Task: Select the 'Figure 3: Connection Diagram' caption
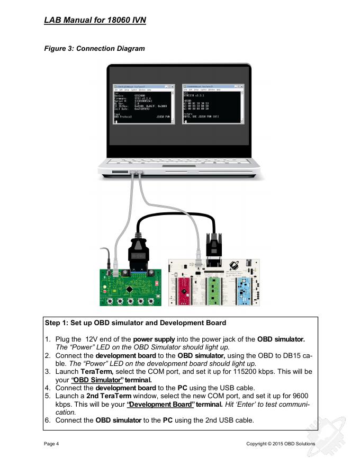point(95,49)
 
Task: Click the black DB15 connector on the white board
point(214,249)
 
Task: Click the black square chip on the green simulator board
point(130,289)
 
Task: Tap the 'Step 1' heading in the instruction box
point(136,322)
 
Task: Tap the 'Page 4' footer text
point(52,444)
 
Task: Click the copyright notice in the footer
point(281,444)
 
